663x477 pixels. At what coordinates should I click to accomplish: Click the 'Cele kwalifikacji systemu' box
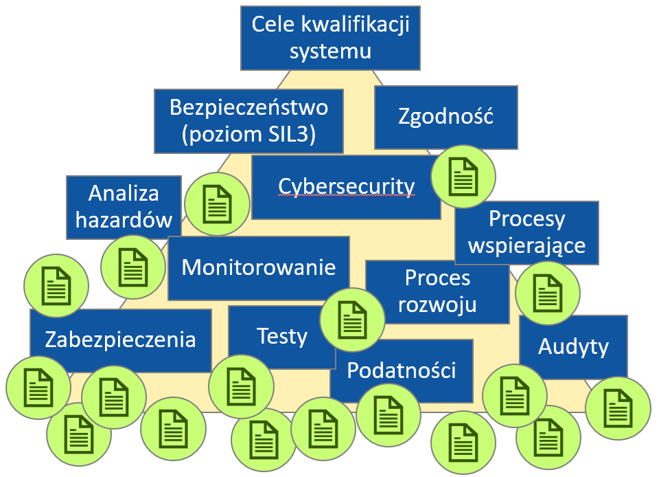coord(330,38)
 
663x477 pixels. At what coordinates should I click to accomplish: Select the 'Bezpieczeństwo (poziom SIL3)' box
coord(248,121)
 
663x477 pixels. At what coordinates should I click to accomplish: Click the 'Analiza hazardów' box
coord(124,207)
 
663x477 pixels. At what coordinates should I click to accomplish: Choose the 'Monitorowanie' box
coord(258,267)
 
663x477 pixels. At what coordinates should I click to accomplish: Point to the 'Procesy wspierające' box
coord(526,232)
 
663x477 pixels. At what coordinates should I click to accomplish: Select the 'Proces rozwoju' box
coord(437,291)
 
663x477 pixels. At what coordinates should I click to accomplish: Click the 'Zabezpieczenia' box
coord(120,340)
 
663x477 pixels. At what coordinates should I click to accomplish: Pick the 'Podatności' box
coord(402,371)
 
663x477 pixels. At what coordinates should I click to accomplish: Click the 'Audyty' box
coord(573,347)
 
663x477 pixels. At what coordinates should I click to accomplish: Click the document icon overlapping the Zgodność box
coord(463,177)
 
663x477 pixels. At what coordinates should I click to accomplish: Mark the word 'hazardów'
coord(124,220)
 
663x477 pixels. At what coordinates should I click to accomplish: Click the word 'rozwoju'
coord(437,303)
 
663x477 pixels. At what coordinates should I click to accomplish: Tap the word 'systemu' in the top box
coord(330,51)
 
